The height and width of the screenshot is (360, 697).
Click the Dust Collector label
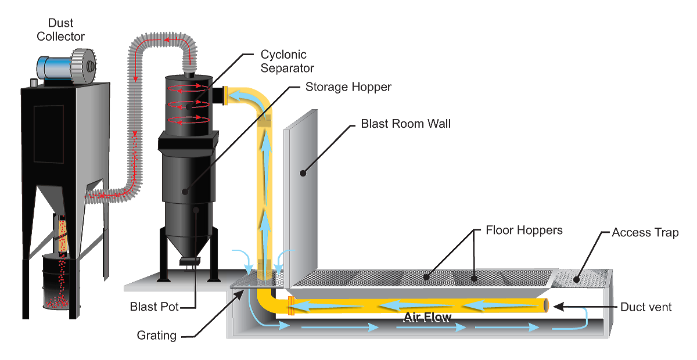60,30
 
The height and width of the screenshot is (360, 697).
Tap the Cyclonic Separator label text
287,62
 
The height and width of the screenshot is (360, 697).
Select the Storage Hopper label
348,87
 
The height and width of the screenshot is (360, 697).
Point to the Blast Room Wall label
406,124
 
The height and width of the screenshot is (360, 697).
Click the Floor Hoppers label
524,231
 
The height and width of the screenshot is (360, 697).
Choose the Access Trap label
645,233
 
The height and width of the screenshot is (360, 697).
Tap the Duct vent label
646,307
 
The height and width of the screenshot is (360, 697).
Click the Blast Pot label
154,307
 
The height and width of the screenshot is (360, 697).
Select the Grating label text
156,336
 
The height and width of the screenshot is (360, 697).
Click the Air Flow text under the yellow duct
427,317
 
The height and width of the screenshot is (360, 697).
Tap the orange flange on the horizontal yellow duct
291,306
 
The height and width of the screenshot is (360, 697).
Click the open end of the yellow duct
546,305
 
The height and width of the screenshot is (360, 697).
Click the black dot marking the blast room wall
303,173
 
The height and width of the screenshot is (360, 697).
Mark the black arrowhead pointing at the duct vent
559,307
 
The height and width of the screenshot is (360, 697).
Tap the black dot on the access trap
576,279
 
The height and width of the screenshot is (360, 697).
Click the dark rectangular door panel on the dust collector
49,134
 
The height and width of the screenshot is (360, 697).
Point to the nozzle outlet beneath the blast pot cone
189,261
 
